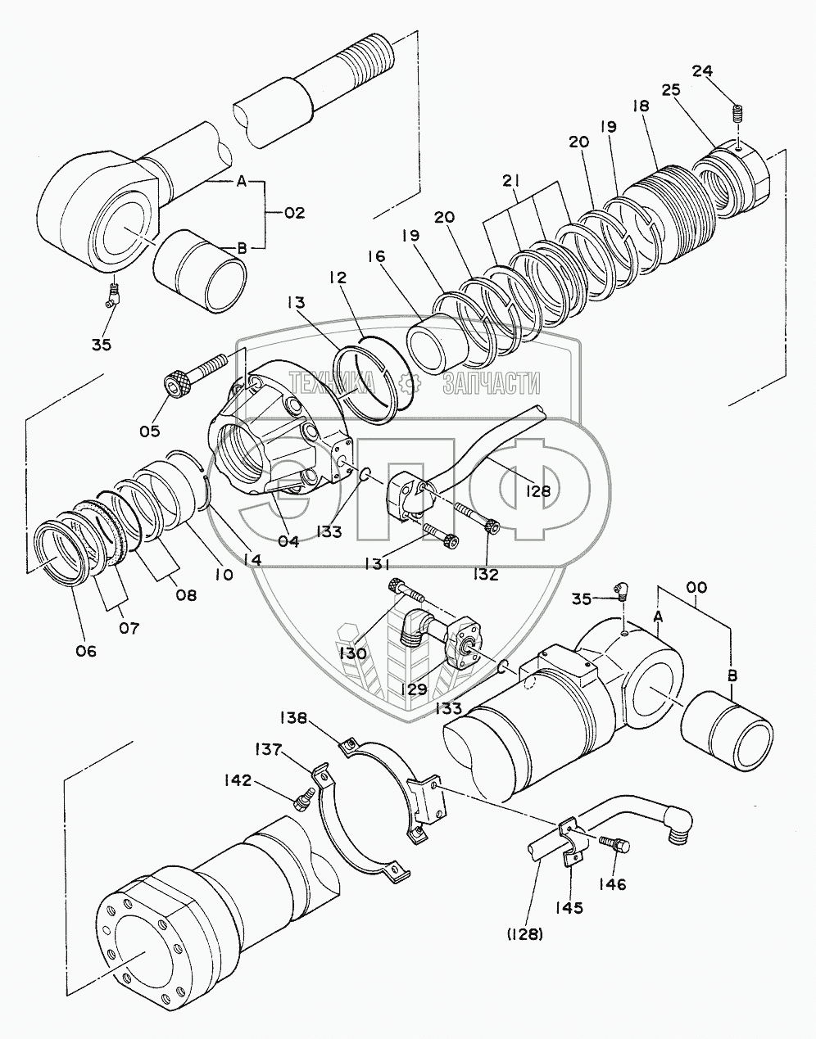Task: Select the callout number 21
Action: [x=511, y=181]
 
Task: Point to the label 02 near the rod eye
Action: [x=294, y=213]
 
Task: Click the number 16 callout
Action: [x=376, y=257]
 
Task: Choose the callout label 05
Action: [x=150, y=431]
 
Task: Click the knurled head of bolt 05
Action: [x=176, y=383]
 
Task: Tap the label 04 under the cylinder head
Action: [x=288, y=541]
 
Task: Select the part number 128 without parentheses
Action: [x=537, y=490]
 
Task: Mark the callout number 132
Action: [x=486, y=574]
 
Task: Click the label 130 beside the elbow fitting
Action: [x=353, y=653]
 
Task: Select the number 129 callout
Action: [x=415, y=689]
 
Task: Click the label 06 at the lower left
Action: [x=86, y=651]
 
